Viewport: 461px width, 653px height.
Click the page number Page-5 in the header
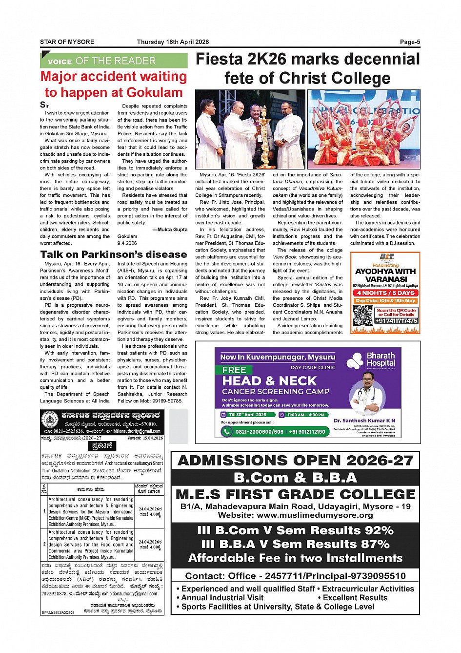[x=410, y=42]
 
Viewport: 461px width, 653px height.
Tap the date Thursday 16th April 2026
[x=173, y=42]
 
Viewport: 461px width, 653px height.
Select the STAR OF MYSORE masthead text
[x=67, y=42]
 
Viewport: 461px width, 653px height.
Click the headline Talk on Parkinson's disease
[x=114, y=254]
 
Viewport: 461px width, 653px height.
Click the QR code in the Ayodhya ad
[x=362, y=315]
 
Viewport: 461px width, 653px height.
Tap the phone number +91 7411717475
[x=396, y=321]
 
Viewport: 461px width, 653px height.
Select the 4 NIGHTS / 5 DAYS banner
[x=385, y=293]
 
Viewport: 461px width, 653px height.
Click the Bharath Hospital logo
[x=371, y=360]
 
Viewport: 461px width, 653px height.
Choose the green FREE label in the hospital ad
[x=234, y=370]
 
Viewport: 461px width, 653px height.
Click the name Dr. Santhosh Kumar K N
[x=364, y=421]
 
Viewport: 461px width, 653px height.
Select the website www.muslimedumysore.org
[x=295, y=515]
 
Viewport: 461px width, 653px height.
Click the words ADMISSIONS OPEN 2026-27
[x=295, y=461]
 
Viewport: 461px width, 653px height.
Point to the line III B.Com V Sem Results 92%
[x=295, y=530]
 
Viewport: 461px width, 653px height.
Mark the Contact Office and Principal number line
[x=295, y=576]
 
